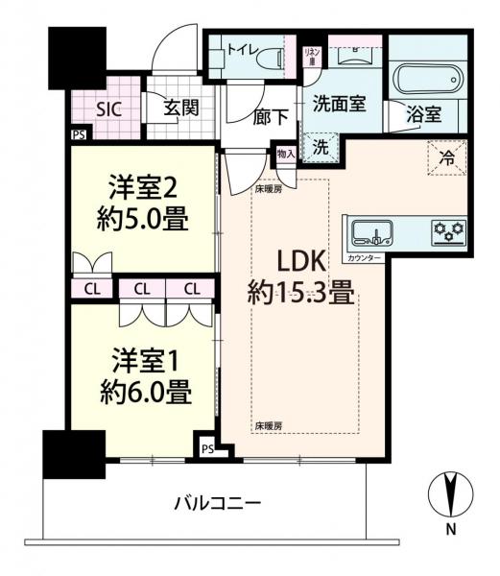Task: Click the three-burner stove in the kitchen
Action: click(x=448, y=230)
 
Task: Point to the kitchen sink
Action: click(x=370, y=231)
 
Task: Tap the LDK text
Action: click(x=304, y=261)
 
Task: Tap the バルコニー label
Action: click(x=219, y=502)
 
